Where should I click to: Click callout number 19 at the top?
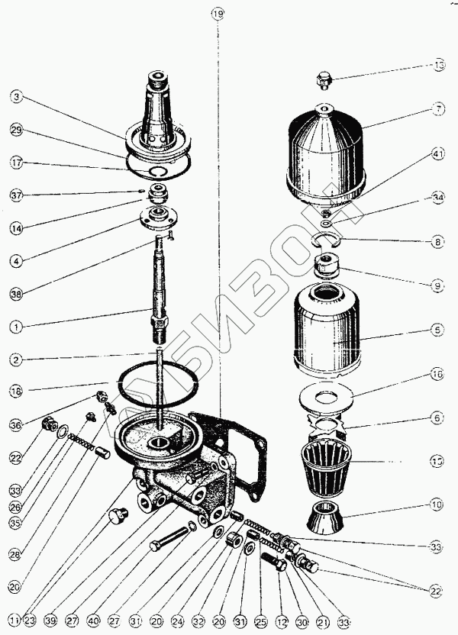pos(218,14)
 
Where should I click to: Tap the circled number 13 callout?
pos(437,66)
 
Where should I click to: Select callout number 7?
pos(437,109)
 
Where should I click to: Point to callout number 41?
pos(437,154)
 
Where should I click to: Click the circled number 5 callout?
pos(437,330)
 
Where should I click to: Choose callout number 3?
pos(16,97)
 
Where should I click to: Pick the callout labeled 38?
pos(16,292)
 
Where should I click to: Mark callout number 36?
pos(16,424)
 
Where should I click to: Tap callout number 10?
pos(437,504)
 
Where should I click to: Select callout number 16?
pos(437,375)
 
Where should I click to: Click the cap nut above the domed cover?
pos(324,78)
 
